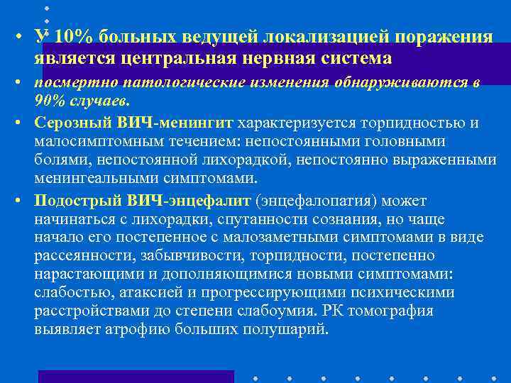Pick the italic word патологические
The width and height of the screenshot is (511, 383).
coord(159,83)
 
